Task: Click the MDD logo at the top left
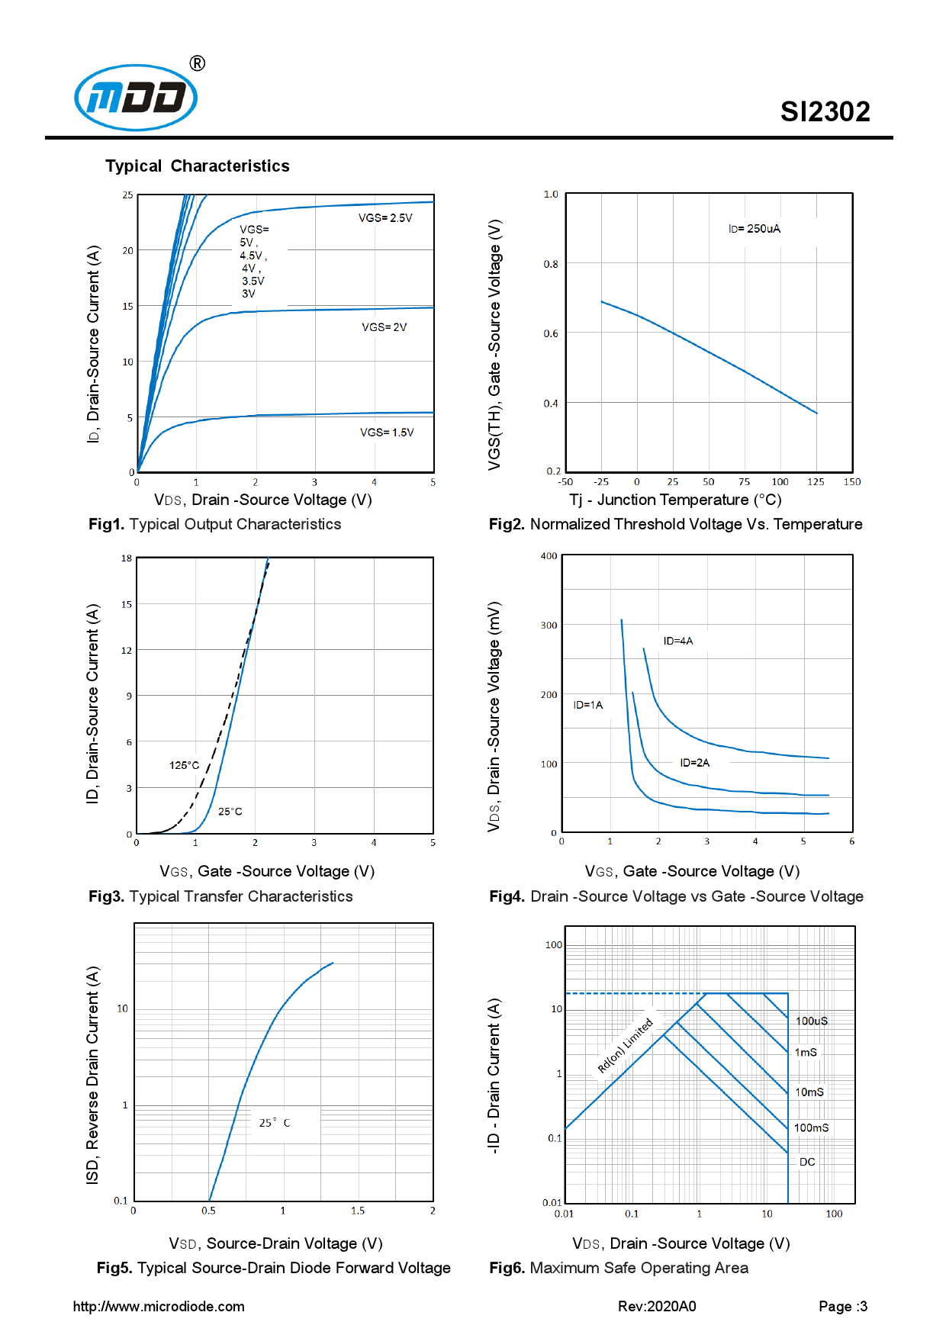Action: pyautogui.click(x=136, y=98)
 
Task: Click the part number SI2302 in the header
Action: pyautogui.click(x=825, y=112)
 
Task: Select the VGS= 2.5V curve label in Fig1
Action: pyautogui.click(x=385, y=218)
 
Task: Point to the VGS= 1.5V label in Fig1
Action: pyautogui.click(x=387, y=433)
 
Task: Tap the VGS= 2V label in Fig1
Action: pyautogui.click(x=384, y=327)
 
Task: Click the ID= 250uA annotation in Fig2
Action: pyautogui.click(x=754, y=229)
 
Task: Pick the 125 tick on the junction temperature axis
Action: pyautogui.click(x=816, y=482)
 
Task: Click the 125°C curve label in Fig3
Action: pyautogui.click(x=184, y=765)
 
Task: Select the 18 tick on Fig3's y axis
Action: pyautogui.click(x=127, y=558)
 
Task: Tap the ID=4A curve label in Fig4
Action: pyautogui.click(x=677, y=641)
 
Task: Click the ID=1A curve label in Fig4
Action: pyautogui.click(x=587, y=705)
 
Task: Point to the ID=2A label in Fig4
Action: pyautogui.click(x=694, y=763)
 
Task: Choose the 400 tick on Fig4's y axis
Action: pyautogui.click(x=549, y=556)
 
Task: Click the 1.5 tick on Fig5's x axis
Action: pyautogui.click(x=358, y=1211)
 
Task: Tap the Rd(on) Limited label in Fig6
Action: pyautogui.click(x=625, y=1046)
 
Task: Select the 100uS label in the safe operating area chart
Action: pyautogui.click(x=811, y=1021)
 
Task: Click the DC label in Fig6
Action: pyautogui.click(x=807, y=1162)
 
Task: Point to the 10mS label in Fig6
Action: pyautogui.click(x=809, y=1092)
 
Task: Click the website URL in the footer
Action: pyautogui.click(x=159, y=1307)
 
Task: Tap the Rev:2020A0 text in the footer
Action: pyautogui.click(x=657, y=1307)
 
